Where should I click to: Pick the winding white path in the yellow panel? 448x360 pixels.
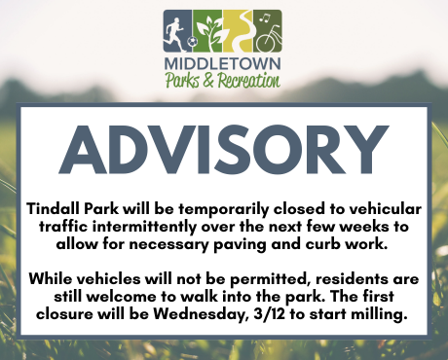(239, 29)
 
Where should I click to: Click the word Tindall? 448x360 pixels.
(56, 209)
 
